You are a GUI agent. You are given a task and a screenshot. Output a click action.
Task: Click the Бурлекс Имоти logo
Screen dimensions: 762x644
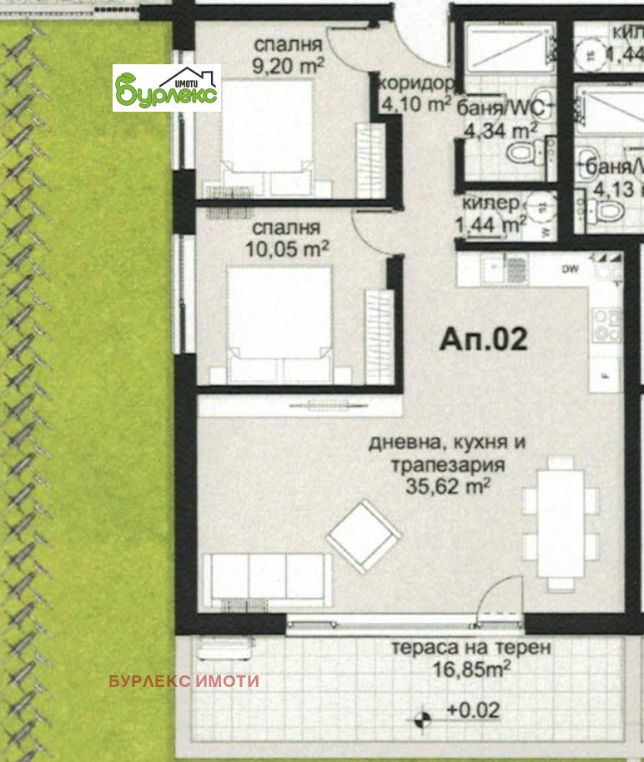pyautogui.click(x=167, y=88)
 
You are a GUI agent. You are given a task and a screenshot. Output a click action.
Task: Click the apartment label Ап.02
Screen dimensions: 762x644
pyautogui.click(x=483, y=341)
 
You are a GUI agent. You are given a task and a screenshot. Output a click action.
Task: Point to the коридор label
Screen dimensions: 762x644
pyautogui.click(x=416, y=84)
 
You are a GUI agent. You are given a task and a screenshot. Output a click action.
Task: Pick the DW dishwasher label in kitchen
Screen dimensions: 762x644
pyautogui.click(x=571, y=269)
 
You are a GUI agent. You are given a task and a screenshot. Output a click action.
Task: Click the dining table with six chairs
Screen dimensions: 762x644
pyautogui.click(x=560, y=524)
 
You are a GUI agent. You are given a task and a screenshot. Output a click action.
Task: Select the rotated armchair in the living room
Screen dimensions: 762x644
pyautogui.click(x=364, y=536)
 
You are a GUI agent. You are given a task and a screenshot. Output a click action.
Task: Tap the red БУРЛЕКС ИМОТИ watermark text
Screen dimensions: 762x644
pyautogui.click(x=184, y=681)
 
